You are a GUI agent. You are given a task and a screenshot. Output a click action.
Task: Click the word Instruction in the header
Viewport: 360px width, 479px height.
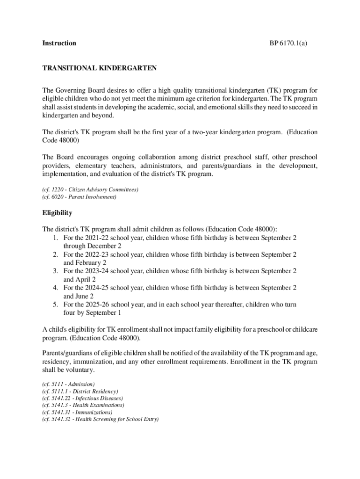coord(59,44)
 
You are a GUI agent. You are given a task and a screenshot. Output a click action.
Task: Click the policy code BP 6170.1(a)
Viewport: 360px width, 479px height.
coord(288,44)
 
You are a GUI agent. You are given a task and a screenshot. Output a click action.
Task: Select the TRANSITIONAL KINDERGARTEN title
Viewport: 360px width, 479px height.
coord(99,68)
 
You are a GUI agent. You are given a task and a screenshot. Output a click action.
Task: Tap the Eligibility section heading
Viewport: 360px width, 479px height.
coord(57,213)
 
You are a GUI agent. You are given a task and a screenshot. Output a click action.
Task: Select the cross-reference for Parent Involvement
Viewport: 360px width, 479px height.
coord(79,197)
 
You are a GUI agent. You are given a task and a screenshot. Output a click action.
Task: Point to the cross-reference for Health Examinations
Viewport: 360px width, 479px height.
coord(83,405)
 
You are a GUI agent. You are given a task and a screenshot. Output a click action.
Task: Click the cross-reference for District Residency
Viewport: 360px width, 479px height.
coord(80,391)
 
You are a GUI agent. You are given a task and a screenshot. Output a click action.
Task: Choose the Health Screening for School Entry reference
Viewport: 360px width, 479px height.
coord(101,419)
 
